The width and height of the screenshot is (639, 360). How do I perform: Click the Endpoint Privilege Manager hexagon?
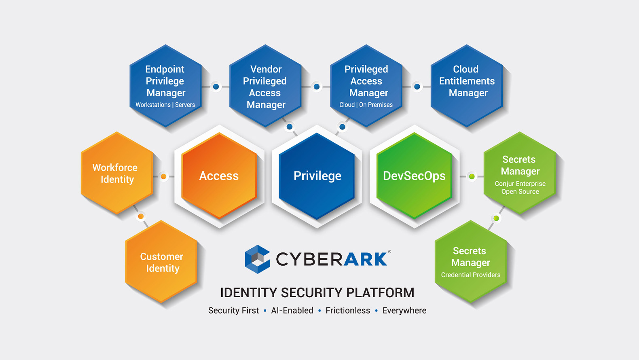pyautogui.click(x=165, y=86)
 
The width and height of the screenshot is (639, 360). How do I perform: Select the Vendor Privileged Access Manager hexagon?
pyautogui.click(x=265, y=86)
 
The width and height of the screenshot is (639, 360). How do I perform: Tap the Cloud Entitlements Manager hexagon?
pyautogui.click(x=467, y=86)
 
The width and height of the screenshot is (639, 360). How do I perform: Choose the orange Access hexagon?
pyautogui.click(x=219, y=176)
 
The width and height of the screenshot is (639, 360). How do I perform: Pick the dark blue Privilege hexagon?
pyautogui.click(x=317, y=176)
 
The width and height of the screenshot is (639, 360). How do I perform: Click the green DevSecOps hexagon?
pyautogui.click(x=415, y=176)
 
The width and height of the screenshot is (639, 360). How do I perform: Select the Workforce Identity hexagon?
pyautogui.click(x=116, y=173)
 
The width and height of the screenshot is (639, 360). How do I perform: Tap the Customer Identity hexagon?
pyautogui.click(x=161, y=262)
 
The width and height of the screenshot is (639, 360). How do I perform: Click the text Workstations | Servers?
pyautogui.click(x=165, y=105)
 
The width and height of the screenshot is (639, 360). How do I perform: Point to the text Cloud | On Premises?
pyautogui.click(x=366, y=105)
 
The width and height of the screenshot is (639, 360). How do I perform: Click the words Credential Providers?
pyautogui.click(x=471, y=275)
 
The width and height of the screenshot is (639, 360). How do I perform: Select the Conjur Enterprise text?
pyautogui.click(x=520, y=184)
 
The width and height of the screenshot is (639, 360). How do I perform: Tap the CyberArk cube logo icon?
pyautogui.click(x=257, y=259)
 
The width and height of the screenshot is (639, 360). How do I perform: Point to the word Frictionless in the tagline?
pyautogui.click(x=348, y=311)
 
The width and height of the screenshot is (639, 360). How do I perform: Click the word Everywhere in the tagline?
pyautogui.click(x=404, y=311)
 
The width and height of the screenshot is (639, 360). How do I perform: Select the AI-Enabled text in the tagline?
pyautogui.click(x=292, y=311)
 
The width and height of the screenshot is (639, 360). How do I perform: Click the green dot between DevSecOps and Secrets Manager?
pyautogui.click(x=472, y=176)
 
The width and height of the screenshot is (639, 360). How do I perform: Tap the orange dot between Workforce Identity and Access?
pyautogui.click(x=163, y=176)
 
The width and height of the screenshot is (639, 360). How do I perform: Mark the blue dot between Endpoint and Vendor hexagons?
pyautogui.click(x=216, y=87)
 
